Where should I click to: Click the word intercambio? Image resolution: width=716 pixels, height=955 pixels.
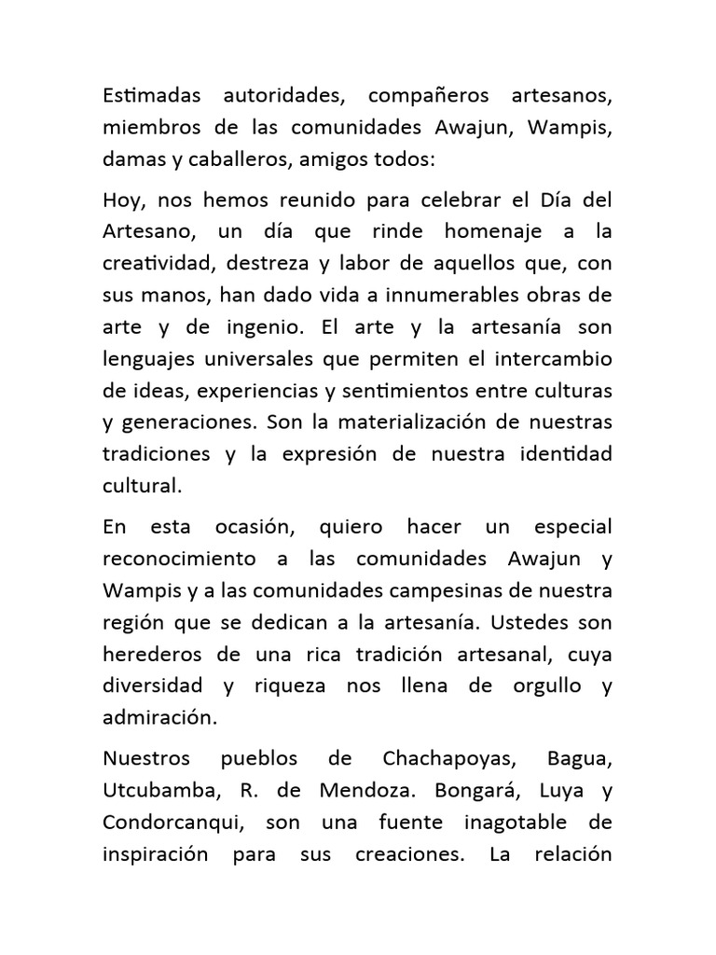coord(544,360)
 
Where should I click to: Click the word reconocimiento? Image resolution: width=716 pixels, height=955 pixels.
coord(177,559)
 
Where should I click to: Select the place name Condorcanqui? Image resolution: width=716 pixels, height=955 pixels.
coord(171,823)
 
